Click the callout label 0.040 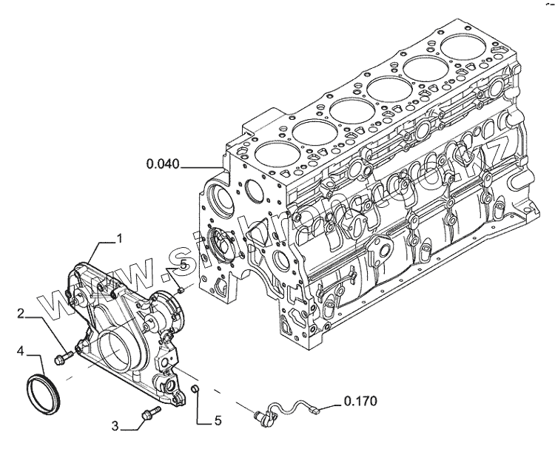pyautogui.click(x=162, y=164)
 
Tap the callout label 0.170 pyautogui.click(x=360, y=403)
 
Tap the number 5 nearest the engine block pyautogui.click(x=182, y=264)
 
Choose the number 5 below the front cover pyautogui.click(x=218, y=421)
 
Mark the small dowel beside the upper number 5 pyautogui.click(x=180, y=291)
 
